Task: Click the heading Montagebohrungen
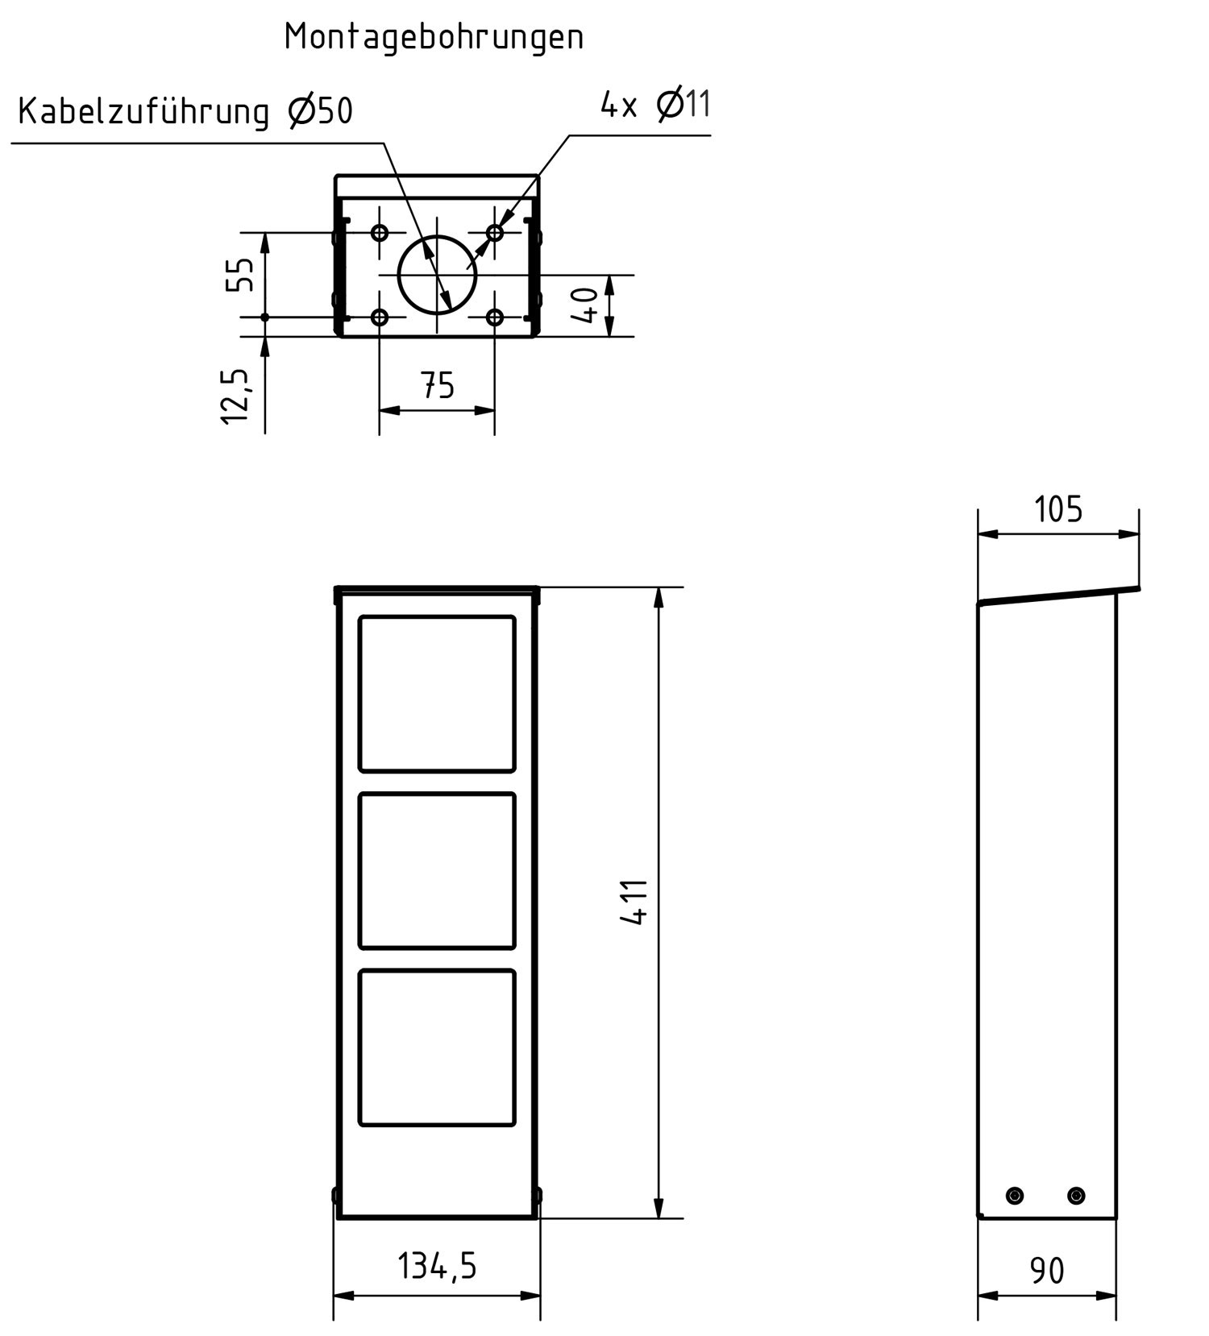(x=434, y=37)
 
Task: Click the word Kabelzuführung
(x=143, y=111)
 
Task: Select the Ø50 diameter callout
(x=320, y=111)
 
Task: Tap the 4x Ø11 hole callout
(x=655, y=105)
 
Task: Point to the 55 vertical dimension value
(x=240, y=275)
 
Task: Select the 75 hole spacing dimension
(x=438, y=386)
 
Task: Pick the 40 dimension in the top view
(x=587, y=305)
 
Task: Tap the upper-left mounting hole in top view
(x=380, y=233)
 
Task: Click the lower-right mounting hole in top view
(x=495, y=317)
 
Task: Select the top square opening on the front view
(x=436, y=694)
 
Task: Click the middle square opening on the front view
(x=436, y=870)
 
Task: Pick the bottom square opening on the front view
(x=436, y=1047)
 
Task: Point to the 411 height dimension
(x=636, y=902)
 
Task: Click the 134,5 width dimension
(x=437, y=1266)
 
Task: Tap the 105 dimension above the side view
(x=1058, y=509)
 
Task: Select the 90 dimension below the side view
(x=1047, y=1271)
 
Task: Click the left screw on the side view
(x=1016, y=1195)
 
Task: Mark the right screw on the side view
(x=1076, y=1195)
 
